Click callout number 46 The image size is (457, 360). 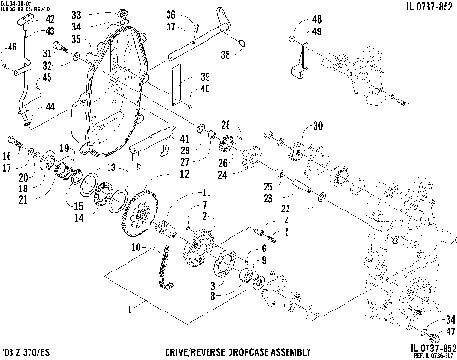[11, 46]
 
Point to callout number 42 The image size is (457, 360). [50, 19]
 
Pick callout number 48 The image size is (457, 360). [316, 19]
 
